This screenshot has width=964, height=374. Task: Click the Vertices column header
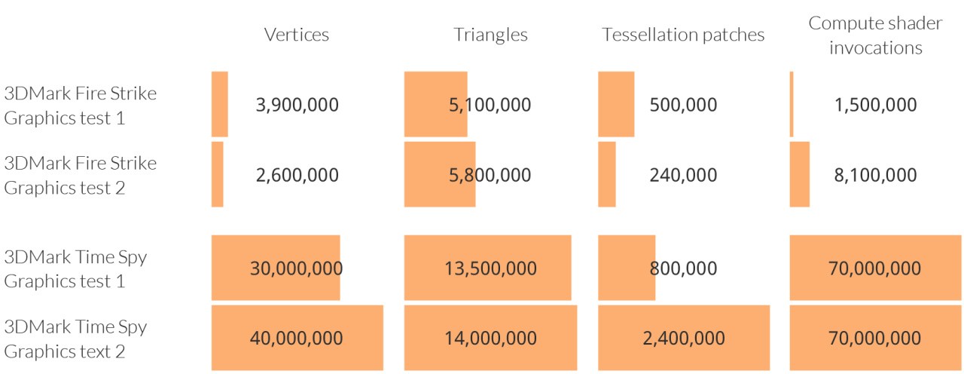[x=297, y=35]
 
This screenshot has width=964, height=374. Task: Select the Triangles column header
[x=490, y=35]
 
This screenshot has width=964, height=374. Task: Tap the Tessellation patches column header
[x=683, y=35]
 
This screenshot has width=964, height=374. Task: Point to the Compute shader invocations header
[x=875, y=35]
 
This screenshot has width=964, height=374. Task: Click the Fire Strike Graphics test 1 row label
[x=81, y=106]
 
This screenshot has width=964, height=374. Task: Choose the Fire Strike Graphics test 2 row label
[x=81, y=175]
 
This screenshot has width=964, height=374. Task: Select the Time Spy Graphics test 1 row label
[x=75, y=268]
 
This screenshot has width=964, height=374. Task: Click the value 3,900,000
[x=297, y=105]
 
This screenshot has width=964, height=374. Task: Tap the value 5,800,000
[x=490, y=175]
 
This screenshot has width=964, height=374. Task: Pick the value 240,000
[x=683, y=175]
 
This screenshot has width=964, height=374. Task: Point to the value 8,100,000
[x=875, y=175]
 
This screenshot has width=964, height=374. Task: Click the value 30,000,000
[x=297, y=268]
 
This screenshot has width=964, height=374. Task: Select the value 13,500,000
[x=490, y=268]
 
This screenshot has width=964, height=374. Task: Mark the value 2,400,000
[x=683, y=338]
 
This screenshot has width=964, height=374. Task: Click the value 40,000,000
[x=297, y=338]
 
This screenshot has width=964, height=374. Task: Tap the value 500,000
[x=683, y=105]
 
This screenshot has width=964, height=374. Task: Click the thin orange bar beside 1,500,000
[x=792, y=104]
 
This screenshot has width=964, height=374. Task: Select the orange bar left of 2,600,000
[x=217, y=174]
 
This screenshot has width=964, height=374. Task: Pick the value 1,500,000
[x=875, y=105]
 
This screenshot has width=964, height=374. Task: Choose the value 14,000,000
[x=490, y=338]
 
